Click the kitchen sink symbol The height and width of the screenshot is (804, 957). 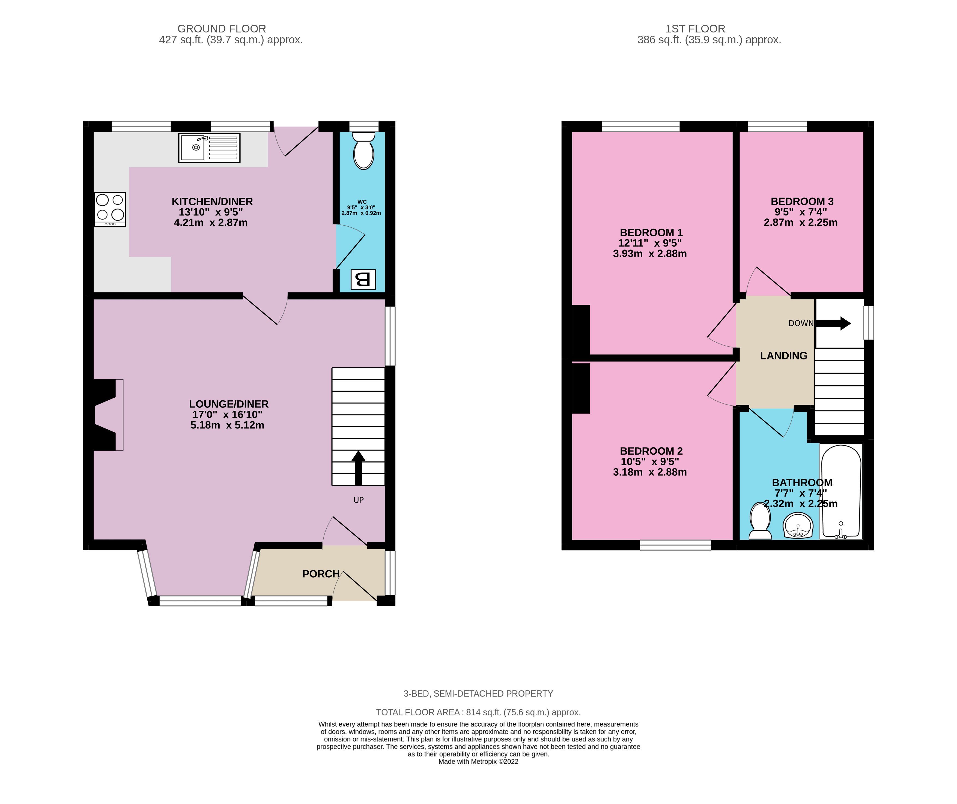[209, 148]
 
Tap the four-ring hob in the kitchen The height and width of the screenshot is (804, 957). [110, 209]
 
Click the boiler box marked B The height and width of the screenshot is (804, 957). [363, 279]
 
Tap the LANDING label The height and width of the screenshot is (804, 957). [783, 356]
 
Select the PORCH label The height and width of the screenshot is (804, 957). [321, 574]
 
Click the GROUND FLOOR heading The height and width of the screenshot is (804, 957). [222, 29]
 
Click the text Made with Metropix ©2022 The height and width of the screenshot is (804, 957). [478, 762]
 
